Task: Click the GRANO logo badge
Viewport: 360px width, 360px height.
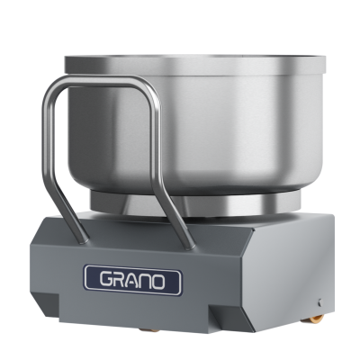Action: (x=133, y=280)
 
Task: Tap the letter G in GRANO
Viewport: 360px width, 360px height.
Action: (x=106, y=280)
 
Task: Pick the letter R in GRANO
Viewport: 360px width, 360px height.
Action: (x=119, y=280)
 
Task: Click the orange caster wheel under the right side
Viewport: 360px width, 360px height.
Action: (x=317, y=319)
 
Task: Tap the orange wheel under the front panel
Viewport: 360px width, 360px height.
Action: (x=149, y=330)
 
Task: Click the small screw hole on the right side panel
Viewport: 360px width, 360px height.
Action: (x=320, y=302)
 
